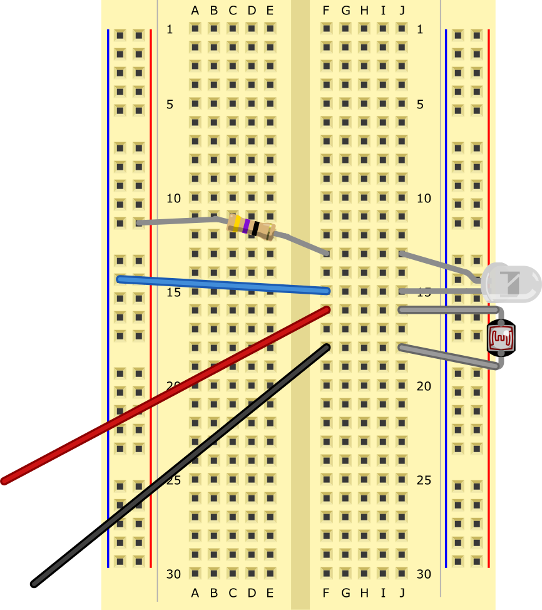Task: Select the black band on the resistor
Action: coord(255,228)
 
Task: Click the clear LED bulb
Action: coord(510,283)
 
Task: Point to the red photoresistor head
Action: coord(501,338)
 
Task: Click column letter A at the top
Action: coord(195,10)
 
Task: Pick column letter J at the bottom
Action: coord(402,592)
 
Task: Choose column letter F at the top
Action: coord(326,10)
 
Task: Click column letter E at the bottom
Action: coord(270,592)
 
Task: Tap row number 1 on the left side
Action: coord(170,29)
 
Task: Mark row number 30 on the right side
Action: coord(424,574)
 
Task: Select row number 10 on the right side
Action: coord(424,198)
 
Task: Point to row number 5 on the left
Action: coord(170,104)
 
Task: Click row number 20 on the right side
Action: coord(424,386)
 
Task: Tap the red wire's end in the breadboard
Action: coord(325,309)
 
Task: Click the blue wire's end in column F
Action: coord(325,291)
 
